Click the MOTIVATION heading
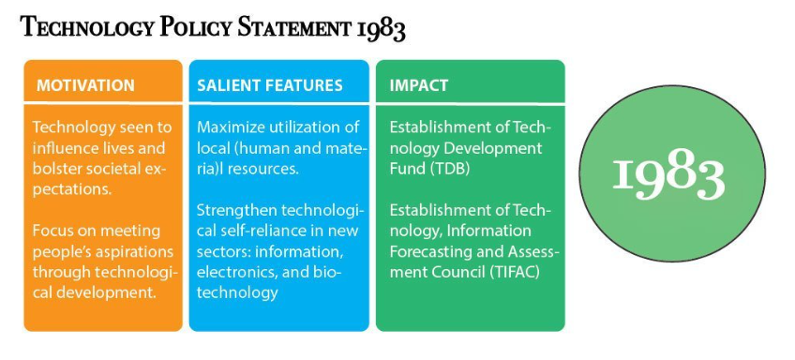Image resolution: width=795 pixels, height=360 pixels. coord(85,85)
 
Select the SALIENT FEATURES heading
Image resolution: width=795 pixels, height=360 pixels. coord(270,85)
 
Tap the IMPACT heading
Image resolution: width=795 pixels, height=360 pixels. coord(419,85)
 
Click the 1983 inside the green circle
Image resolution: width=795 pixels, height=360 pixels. coord(668,174)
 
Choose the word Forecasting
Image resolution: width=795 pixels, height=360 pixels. coord(429,252)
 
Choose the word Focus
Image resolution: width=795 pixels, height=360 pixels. coord(52,232)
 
